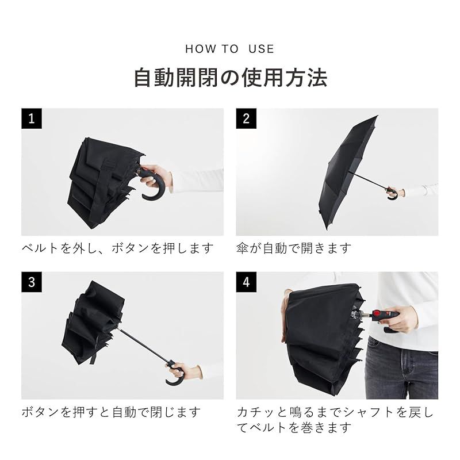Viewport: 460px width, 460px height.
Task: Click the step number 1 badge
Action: click(x=32, y=118)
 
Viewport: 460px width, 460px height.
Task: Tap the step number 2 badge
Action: click(x=246, y=118)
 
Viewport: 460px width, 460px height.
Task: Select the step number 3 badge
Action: click(x=32, y=282)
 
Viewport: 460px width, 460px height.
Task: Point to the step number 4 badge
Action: click(x=246, y=282)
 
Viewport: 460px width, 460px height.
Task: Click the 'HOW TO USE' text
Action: click(x=229, y=49)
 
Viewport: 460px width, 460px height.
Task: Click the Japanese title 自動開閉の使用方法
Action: click(x=229, y=77)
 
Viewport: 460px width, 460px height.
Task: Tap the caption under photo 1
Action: click(x=118, y=248)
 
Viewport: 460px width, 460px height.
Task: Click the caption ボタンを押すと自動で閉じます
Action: click(x=112, y=412)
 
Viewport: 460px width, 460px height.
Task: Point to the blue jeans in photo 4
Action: click(x=402, y=368)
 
